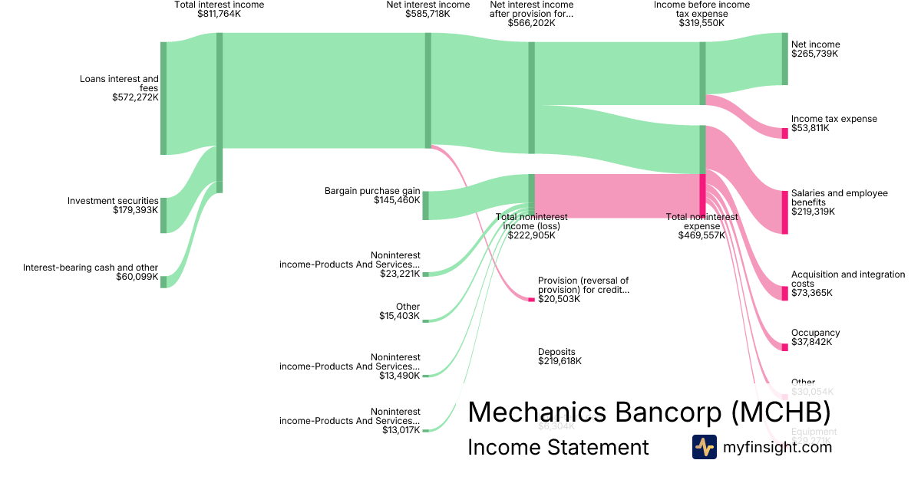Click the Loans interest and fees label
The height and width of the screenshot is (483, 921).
pyautogui.click(x=119, y=84)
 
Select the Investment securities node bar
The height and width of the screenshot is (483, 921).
pyautogui.click(x=163, y=215)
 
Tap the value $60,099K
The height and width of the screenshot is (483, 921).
pyautogui.click(x=137, y=278)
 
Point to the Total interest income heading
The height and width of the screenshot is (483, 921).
pyautogui.click(x=219, y=5)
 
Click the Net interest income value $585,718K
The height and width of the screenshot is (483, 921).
pyautogui.click(x=427, y=14)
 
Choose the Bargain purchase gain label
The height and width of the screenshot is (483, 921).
pyautogui.click(x=372, y=191)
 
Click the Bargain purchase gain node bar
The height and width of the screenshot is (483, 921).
pyautogui.click(x=426, y=205)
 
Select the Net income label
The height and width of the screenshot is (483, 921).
pyautogui.click(x=815, y=44)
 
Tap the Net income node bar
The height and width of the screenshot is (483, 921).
pyautogui.click(x=784, y=59)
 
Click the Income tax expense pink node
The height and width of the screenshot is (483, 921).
pyautogui.click(x=784, y=133)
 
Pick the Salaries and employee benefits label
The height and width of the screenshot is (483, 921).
pyautogui.click(x=839, y=198)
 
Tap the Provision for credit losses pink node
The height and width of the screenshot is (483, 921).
pyautogui.click(x=531, y=299)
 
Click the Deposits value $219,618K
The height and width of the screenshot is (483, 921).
pyautogui.click(x=560, y=361)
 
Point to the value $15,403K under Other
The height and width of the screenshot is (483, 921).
pyautogui.click(x=399, y=316)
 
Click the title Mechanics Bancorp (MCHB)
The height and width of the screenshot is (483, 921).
pyautogui.click(x=649, y=412)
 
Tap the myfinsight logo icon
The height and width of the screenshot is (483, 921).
pyautogui.click(x=704, y=447)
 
